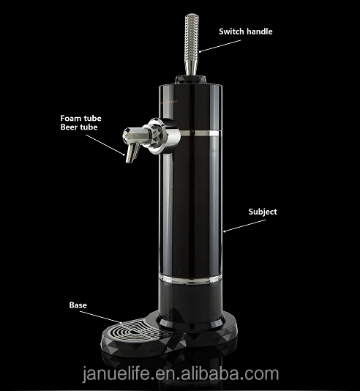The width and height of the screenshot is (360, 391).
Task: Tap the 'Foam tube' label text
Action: click(x=82, y=117)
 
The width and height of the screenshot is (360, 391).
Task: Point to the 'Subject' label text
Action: click(x=261, y=212)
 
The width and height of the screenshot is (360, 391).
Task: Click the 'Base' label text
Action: click(x=78, y=304)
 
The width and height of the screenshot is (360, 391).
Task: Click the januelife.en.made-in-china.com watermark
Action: click(x=180, y=374)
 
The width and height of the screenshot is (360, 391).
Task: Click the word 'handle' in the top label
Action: click(x=264, y=31)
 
